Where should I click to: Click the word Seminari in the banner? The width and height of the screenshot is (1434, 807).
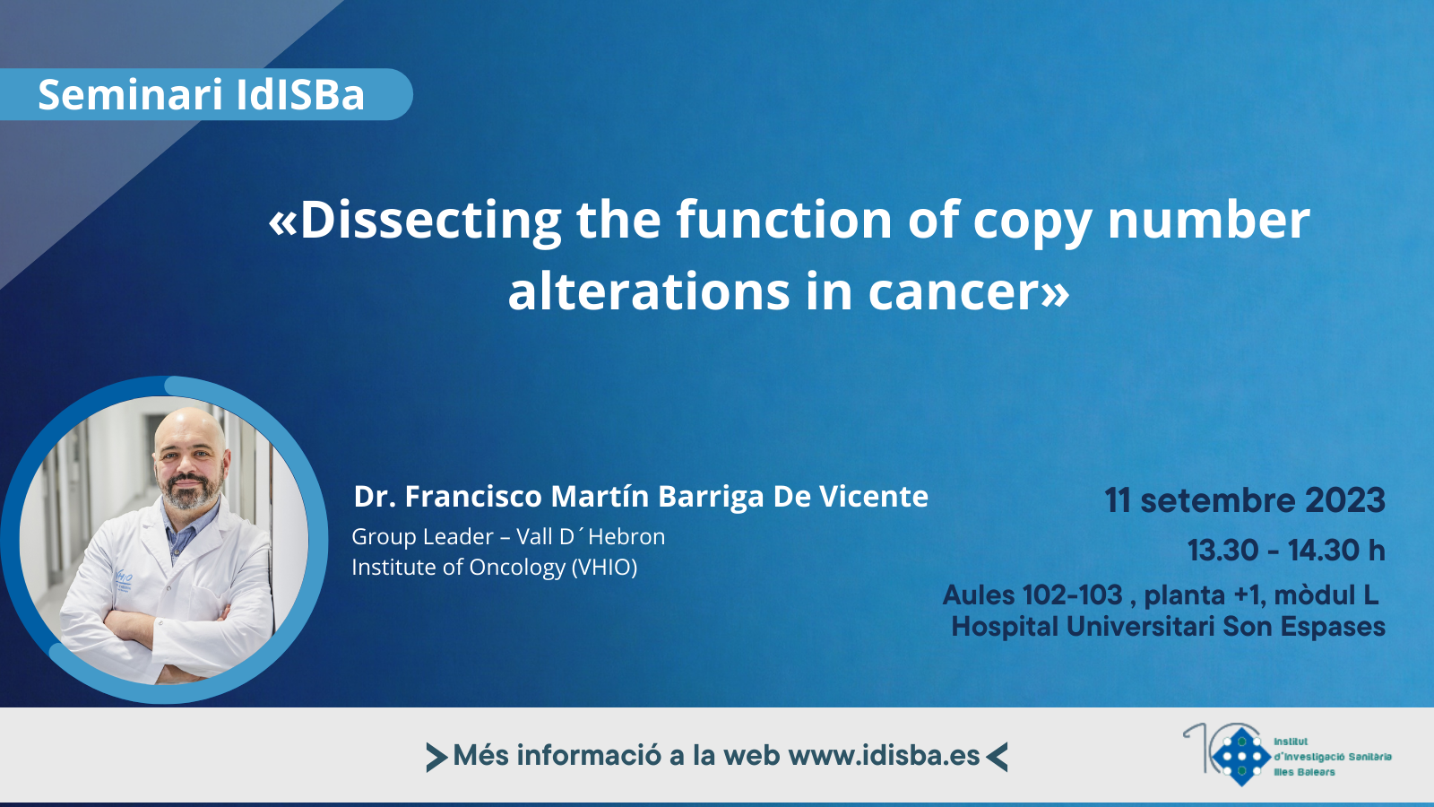click(130, 95)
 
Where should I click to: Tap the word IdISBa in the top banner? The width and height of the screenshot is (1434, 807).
click(300, 95)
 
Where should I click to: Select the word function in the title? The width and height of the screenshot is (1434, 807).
click(784, 219)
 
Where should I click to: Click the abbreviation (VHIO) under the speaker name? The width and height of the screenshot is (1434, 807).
click(604, 568)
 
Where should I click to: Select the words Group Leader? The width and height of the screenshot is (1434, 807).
click(422, 537)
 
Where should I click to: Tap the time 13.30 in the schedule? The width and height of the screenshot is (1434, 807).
click(1222, 551)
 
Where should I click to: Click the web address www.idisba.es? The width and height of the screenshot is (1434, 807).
click(884, 756)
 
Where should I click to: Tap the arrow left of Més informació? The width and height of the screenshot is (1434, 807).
click(436, 757)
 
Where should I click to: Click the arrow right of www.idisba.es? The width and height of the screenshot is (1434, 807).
click(997, 757)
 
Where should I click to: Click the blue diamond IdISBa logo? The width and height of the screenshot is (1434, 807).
click(1240, 757)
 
